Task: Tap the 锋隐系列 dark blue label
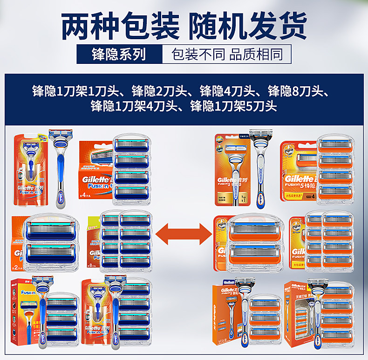pos(118,54)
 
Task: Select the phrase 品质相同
pos(256,54)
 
